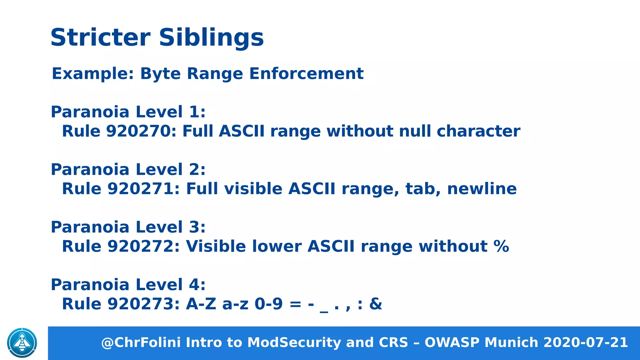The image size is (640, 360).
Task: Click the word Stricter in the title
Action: [100, 37]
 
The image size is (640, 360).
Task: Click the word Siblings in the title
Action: [211, 37]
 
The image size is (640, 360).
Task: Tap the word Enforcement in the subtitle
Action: [306, 74]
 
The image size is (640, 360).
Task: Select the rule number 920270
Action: [142, 131]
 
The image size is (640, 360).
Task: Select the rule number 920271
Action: [143, 189]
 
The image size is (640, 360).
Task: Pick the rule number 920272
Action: [143, 246]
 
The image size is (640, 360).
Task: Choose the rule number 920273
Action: [143, 304]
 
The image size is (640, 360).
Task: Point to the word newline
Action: [482, 189]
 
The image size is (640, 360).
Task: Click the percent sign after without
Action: [501, 246]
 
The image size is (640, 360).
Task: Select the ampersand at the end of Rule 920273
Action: [375, 304]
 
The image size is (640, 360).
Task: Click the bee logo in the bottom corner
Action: [22, 343]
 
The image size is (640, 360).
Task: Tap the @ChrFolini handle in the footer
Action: [141, 342]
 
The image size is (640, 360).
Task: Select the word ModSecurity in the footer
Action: [294, 342]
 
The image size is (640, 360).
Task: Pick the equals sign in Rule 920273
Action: [295, 304]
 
